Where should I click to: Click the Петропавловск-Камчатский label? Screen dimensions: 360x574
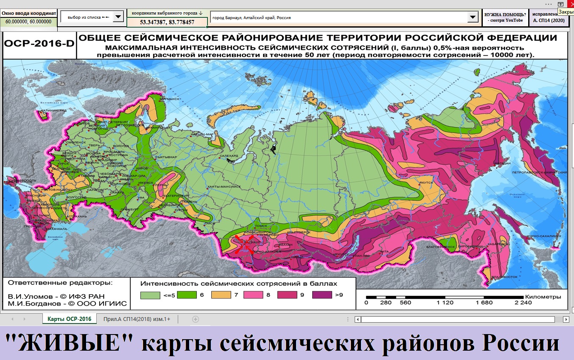point(545,173)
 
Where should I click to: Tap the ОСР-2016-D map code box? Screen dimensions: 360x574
point(39,44)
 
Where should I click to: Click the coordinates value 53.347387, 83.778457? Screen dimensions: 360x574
point(167,22)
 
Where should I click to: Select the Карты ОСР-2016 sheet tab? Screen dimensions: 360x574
point(69,319)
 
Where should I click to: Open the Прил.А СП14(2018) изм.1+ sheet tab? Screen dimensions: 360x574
point(137,319)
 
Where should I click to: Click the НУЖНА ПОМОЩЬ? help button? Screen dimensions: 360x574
point(505,17)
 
